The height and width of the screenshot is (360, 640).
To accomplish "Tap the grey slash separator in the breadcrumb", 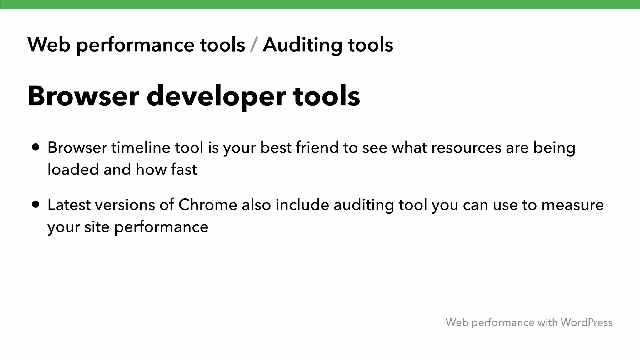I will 254,45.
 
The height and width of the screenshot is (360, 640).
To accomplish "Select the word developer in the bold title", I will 216,96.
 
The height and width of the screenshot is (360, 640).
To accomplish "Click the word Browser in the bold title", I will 83,96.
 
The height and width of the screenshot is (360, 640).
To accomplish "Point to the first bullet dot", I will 36,147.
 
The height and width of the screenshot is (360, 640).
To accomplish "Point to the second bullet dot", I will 36,205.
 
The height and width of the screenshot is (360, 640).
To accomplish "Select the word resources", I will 466,147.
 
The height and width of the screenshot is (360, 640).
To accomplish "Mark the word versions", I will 125,205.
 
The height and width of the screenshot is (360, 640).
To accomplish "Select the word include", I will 302,205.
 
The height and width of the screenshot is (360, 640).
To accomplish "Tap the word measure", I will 572,205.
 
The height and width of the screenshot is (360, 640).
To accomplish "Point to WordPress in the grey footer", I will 586,322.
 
